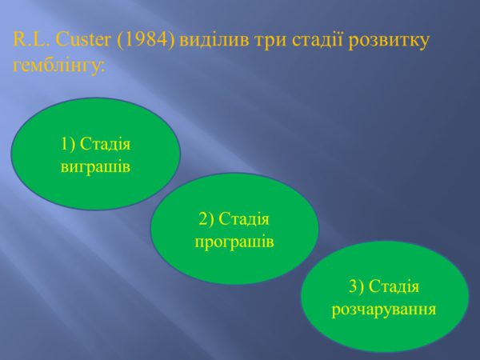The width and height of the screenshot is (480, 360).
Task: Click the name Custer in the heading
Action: pyautogui.click(x=83, y=40)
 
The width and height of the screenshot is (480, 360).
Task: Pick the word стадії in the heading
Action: pyautogui.click(x=317, y=42)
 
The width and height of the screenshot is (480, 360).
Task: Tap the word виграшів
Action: pyautogui.click(x=95, y=167)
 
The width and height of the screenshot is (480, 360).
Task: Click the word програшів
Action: pyautogui.click(x=234, y=242)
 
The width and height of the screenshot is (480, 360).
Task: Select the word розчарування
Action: pyautogui.click(x=384, y=310)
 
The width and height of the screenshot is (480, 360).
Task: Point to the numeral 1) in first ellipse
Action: pyautogui.click(x=68, y=143)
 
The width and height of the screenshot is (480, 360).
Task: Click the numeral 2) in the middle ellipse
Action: pyautogui.click(x=206, y=218)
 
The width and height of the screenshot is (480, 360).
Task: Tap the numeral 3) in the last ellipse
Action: pyautogui.click(x=356, y=286)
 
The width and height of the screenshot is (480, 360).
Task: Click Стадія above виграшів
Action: pyautogui.click(x=106, y=144)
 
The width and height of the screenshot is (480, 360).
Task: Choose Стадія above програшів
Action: pyautogui.click(x=244, y=219)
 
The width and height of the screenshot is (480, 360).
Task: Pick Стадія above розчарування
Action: pyautogui.click(x=394, y=286)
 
